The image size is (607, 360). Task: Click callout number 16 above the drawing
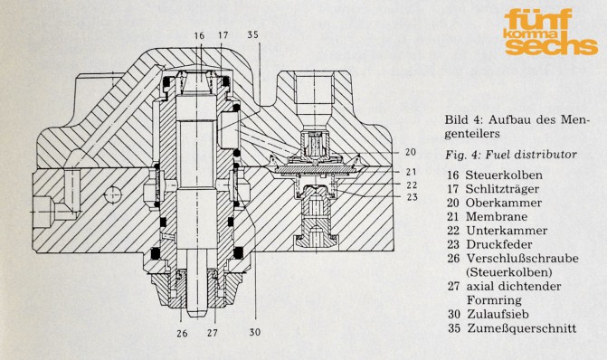coord(199,36)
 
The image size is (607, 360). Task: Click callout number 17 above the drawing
coord(223,35)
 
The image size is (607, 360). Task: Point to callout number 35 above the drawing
coord(252,35)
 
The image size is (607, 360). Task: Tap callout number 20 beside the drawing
coord(411,152)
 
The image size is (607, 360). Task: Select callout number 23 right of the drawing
coord(413,197)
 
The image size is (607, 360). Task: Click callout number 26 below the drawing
coord(183,333)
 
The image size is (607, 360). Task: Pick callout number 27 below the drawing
coord(213,333)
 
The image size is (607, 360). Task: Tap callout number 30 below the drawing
coord(255,332)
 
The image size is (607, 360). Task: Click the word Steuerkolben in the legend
coord(504,175)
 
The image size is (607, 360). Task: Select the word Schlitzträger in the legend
coord(502,189)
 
